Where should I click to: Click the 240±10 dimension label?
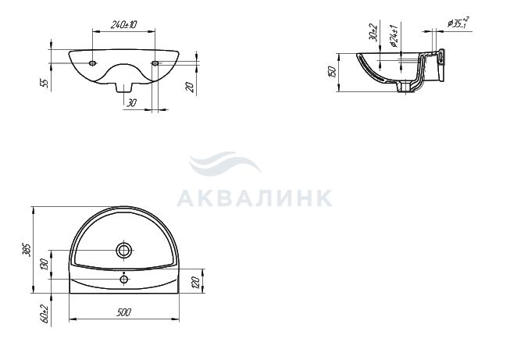(124, 24)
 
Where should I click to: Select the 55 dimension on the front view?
(46, 84)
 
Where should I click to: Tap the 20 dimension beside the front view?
(191, 87)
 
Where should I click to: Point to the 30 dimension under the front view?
(131, 103)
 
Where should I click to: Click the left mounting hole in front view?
(93, 62)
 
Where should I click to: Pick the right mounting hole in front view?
(155, 62)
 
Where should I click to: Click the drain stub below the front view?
(124, 87)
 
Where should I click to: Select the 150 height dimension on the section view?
(333, 72)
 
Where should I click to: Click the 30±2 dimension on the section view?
(374, 33)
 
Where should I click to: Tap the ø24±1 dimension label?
(394, 36)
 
